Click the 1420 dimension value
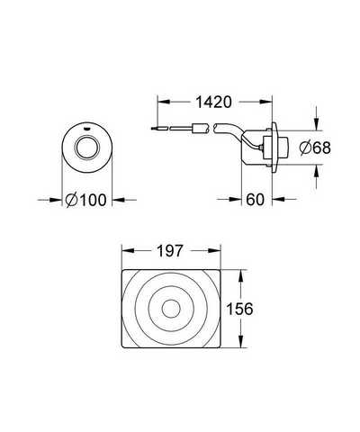coord(213,102)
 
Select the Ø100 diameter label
coord(86,200)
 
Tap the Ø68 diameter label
coord(315,148)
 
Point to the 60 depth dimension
coord(255,200)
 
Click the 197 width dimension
coord(170,251)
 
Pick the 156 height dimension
coord(239,309)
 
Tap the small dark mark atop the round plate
coord(87,129)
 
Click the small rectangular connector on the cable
coord(197,129)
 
